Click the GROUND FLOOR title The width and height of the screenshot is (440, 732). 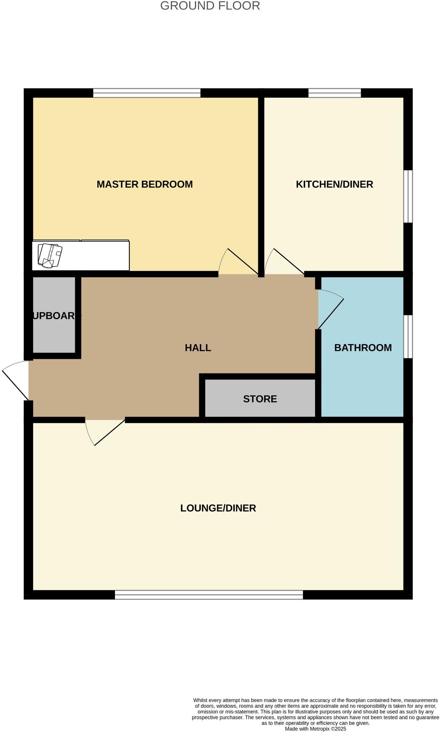210,6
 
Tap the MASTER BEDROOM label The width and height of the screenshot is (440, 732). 144,184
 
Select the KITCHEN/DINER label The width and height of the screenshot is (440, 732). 334,184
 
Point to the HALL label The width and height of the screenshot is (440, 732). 198,348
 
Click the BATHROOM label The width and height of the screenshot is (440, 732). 363,348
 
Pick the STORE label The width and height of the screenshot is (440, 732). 260,399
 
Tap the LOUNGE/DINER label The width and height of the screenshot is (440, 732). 218,508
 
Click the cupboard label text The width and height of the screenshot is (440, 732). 55,316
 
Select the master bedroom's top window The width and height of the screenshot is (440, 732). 147,93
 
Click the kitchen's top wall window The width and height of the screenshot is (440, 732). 335,93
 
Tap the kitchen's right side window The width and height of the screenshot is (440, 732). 408,196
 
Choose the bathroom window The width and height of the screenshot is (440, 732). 408,336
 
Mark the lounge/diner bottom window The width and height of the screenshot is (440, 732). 209,594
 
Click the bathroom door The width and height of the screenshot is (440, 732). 331,310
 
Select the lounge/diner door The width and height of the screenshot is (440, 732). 105,431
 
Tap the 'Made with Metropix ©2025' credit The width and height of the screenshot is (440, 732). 315,729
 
